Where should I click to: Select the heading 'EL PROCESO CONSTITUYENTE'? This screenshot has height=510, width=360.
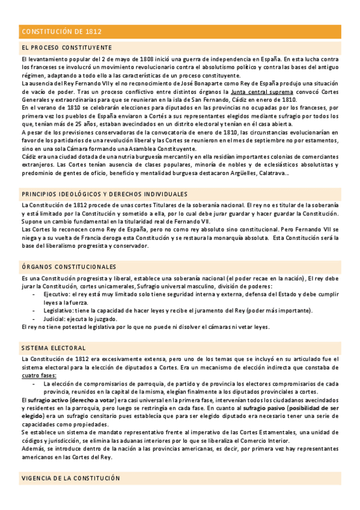coord(66,47)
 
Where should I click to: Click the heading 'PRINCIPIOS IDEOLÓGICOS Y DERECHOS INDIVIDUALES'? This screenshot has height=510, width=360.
coord(104,194)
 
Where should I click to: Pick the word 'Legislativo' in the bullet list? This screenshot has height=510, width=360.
coord(59,310)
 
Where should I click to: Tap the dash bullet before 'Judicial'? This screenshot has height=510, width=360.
coord(34,318)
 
